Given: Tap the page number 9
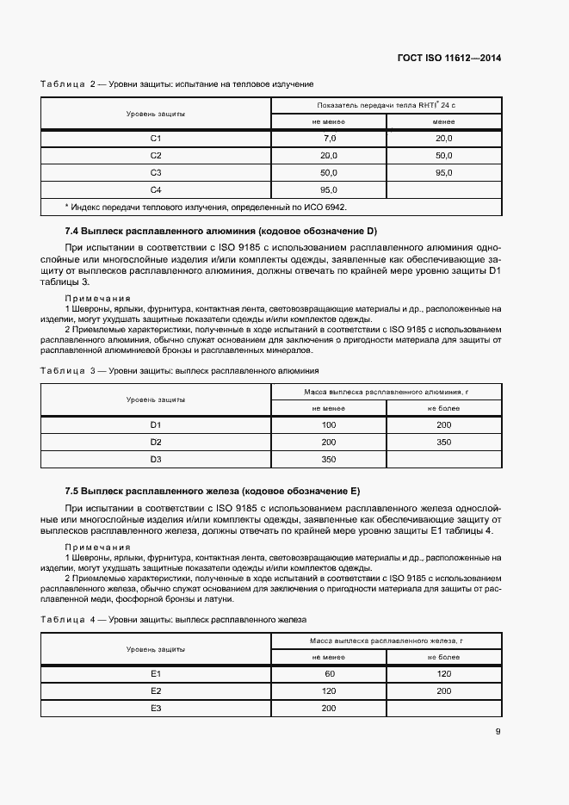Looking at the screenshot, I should (x=498, y=733).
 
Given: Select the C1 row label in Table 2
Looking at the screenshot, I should (x=156, y=139).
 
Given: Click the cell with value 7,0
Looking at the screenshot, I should (x=329, y=139).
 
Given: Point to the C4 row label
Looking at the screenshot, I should (x=156, y=190).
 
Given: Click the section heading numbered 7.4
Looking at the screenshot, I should (x=220, y=232).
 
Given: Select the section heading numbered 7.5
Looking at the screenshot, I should (x=211, y=491).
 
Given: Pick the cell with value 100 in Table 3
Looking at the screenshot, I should (x=329, y=425).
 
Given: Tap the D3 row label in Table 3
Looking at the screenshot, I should (x=156, y=460).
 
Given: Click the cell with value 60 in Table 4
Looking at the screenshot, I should (x=329, y=673).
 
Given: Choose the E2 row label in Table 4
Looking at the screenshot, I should (x=156, y=690).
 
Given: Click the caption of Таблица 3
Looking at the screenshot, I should (x=180, y=370).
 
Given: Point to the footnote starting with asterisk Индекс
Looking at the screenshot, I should (x=207, y=207).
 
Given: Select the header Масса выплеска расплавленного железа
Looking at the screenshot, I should (x=387, y=641).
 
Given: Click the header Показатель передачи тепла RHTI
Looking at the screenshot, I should (x=387, y=106).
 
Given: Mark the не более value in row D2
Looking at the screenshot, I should (x=444, y=443).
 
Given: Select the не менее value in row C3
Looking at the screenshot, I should (x=329, y=173).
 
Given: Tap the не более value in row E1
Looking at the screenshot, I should (x=444, y=673).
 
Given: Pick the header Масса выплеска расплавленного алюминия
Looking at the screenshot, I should (x=387, y=392).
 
